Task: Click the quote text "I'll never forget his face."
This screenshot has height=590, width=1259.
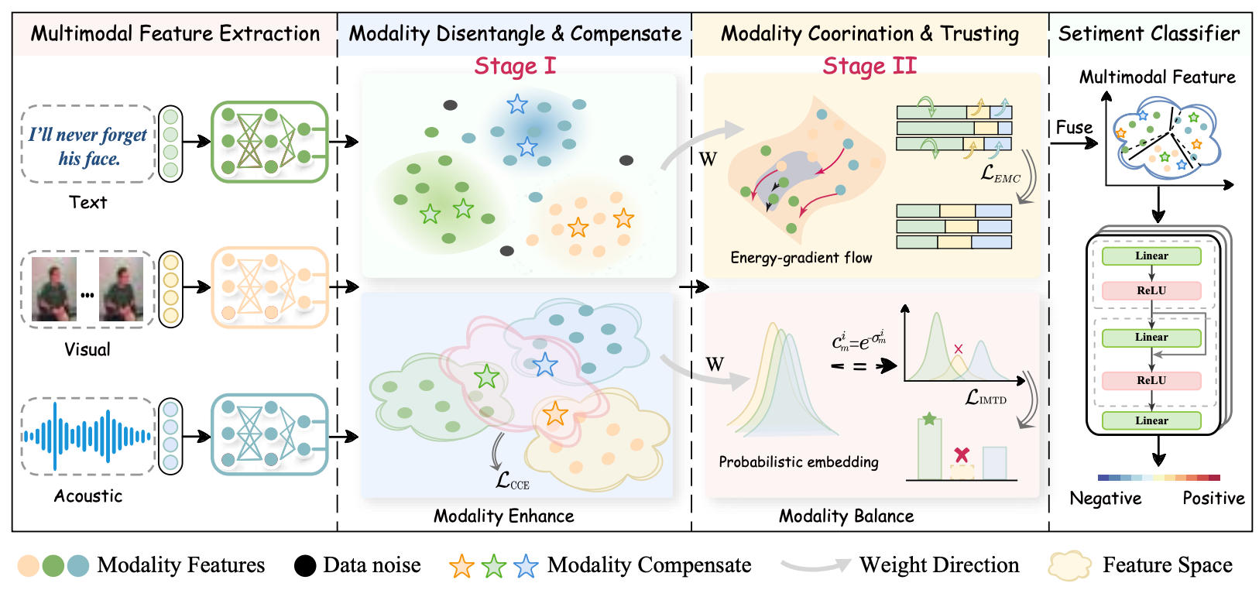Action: click(x=87, y=146)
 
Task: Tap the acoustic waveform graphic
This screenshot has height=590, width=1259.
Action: click(x=87, y=436)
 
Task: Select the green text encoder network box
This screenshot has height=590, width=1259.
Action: click(x=269, y=142)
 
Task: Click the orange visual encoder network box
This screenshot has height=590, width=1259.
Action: click(x=269, y=287)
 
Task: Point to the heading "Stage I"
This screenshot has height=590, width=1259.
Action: click(x=515, y=66)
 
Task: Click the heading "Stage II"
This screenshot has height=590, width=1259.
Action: click(x=870, y=66)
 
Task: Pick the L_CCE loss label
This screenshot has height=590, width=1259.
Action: click(x=512, y=481)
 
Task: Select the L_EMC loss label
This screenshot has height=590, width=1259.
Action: click(x=1000, y=174)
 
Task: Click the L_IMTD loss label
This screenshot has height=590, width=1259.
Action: click(x=986, y=398)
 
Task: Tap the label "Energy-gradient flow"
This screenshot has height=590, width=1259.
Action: click(x=801, y=258)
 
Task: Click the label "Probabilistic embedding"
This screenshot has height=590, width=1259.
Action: click(x=798, y=462)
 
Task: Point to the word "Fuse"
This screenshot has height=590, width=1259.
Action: click(x=1074, y=128)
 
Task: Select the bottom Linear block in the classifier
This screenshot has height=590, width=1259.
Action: click(x=1151, y=420)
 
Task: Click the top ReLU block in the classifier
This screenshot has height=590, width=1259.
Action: click(x=1151, y=290)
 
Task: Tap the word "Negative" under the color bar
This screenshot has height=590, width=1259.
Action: click(x=1105, y=498)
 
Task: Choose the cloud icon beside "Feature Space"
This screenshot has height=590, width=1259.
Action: click(x=1069, y=565)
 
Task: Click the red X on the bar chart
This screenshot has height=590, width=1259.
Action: click(x=962, y=455)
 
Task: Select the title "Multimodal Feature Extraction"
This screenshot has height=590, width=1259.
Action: click(x=175, y=34)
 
